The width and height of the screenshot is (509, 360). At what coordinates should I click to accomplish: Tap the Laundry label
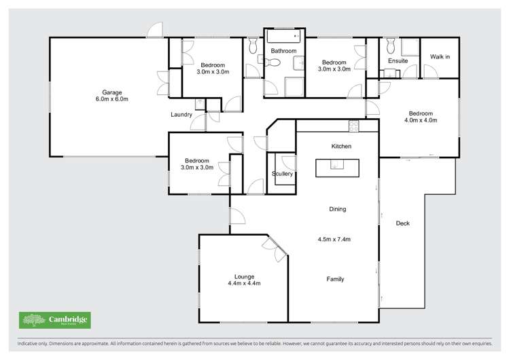coord(181,115)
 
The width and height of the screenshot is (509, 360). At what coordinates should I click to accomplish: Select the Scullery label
coord(282,174)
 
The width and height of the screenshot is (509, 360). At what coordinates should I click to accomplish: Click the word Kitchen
coord(340,147)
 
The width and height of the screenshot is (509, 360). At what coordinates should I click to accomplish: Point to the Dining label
coord(337,209)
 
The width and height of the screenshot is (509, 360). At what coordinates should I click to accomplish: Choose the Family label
coord(335,279)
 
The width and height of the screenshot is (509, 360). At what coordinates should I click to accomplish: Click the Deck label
coord(402,223)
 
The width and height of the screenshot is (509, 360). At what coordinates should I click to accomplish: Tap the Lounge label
coord(244,276)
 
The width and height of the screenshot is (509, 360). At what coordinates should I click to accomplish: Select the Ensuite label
coord(398,61)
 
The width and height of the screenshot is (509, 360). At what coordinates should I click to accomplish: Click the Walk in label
coord(440,57)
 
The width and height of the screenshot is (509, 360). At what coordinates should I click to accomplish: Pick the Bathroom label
coord(283,51)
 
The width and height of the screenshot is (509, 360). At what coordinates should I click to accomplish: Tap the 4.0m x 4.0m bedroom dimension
coord(422,120)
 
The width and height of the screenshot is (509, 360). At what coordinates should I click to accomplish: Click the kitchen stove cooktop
coord(353,125)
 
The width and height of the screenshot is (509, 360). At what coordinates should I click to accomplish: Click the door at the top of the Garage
coord(156,31)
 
